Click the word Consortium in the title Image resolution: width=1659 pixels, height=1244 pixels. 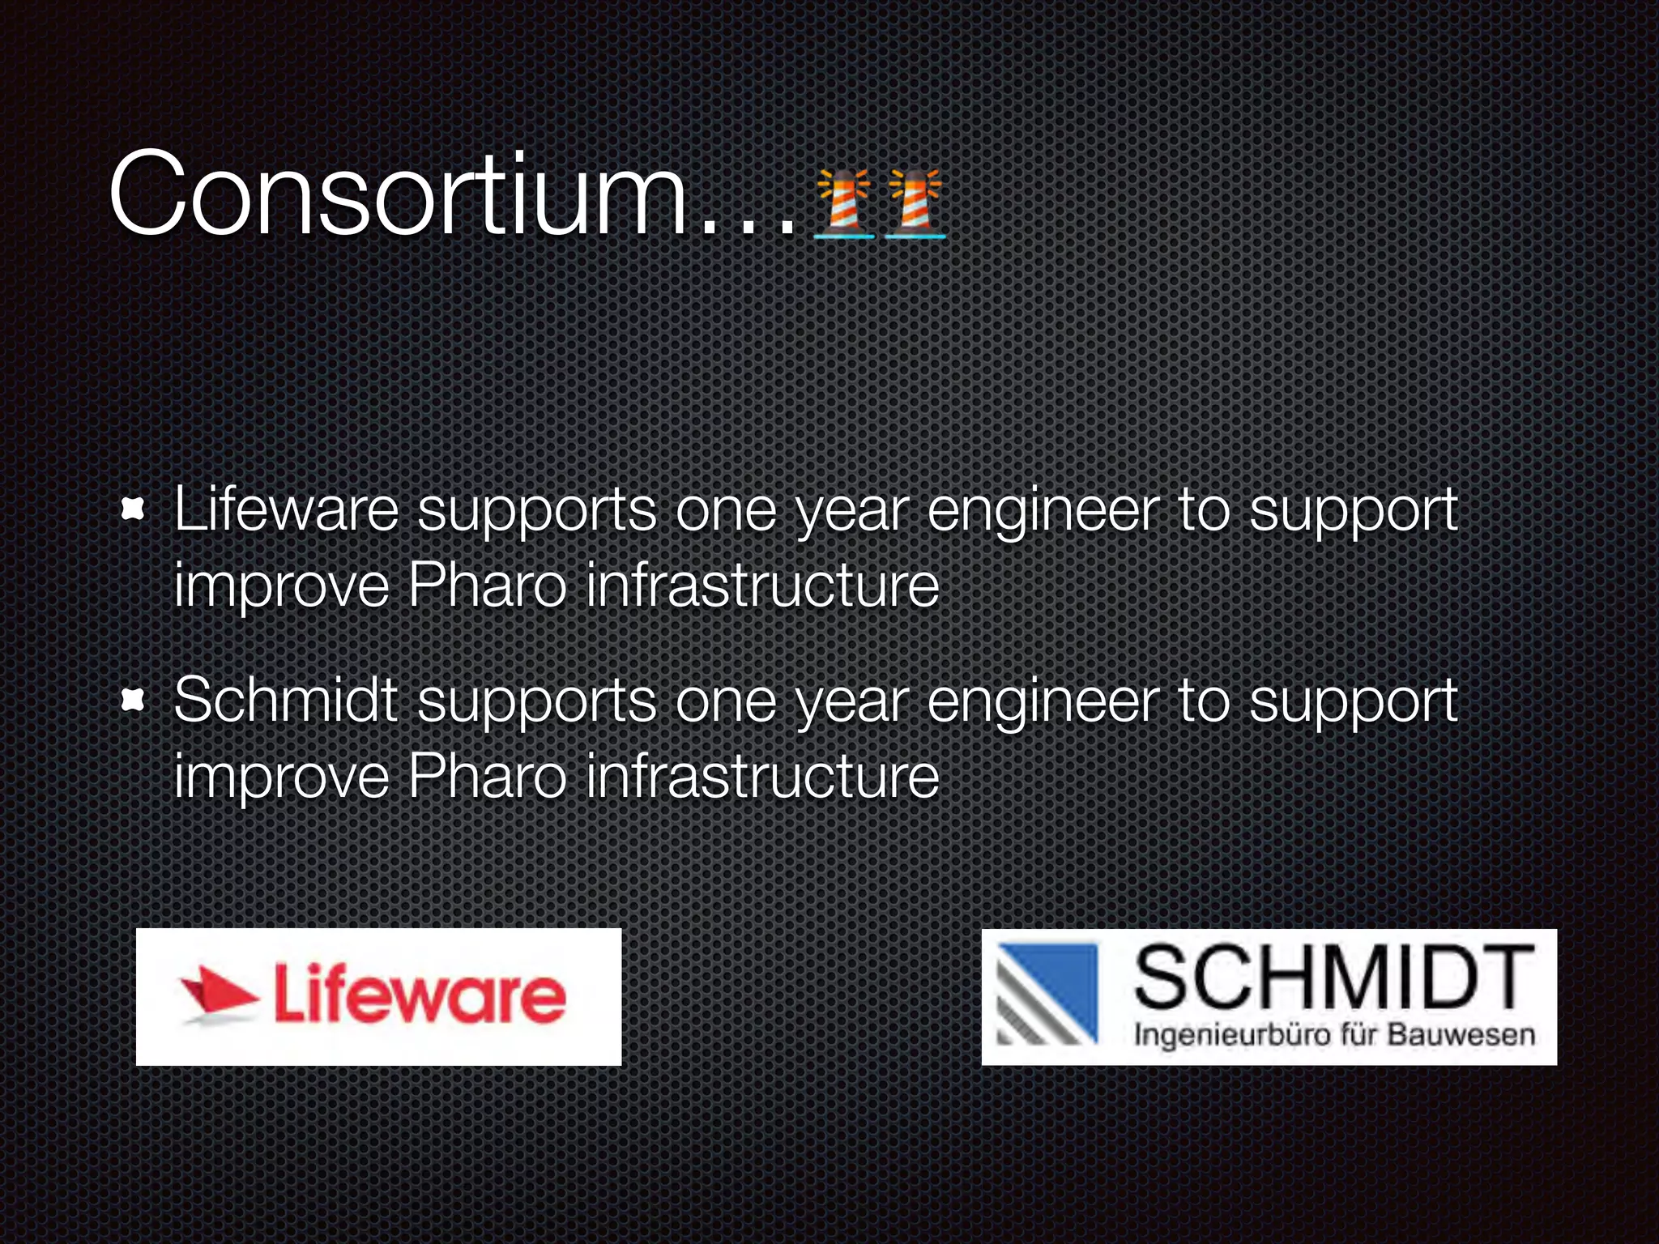(x=397, y=196)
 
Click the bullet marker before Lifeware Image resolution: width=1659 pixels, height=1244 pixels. (x=133, y=510)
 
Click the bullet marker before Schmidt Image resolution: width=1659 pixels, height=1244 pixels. (x=133, y=701)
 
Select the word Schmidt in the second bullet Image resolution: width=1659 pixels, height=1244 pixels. (x=285, y=701)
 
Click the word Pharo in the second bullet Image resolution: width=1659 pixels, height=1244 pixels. (x=486, y=776)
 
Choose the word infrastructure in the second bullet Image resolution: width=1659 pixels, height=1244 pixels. (x=761, y=776)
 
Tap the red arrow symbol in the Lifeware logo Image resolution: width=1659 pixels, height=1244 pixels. (x=217, y=995)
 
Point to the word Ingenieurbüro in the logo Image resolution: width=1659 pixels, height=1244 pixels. (x=1232, y=1036)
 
